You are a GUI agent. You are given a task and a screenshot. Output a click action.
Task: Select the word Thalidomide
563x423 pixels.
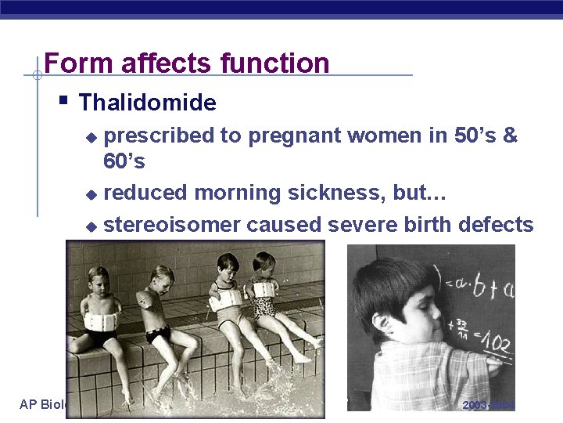click(148, 103)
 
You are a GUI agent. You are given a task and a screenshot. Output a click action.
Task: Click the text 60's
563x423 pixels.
click(124, 162)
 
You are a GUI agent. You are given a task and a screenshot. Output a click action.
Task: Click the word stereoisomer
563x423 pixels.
click(172, 225)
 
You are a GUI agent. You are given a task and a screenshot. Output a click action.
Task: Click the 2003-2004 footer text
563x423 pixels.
click(489, 405)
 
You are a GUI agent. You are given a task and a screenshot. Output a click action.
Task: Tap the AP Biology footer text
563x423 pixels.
click(43, 405)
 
